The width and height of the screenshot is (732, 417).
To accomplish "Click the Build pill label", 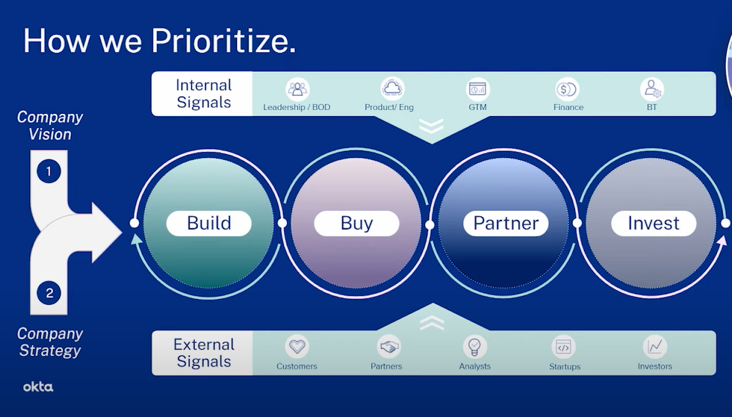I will tap(209, 223).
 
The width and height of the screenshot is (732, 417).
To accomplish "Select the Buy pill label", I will tap(357, 223).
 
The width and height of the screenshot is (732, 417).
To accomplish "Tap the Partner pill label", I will tap(506, 223).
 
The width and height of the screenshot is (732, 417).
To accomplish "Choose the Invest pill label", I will tap(653, 223).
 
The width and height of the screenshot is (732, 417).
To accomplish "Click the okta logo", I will tap(38, 387).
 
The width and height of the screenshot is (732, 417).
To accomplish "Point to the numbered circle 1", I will tap(49, 171).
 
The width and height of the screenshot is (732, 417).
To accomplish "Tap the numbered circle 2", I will tap(49, 293).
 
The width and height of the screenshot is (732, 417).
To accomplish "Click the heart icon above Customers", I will tap(297, 347).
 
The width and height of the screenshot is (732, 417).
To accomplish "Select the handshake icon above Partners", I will tap(389, 347).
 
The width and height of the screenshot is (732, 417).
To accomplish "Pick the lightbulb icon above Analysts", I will tap(475, 347).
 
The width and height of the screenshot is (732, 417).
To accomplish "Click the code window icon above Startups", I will tap(564, 347).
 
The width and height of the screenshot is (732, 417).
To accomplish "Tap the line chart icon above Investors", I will tap(655, 347).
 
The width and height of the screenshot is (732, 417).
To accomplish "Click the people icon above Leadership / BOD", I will tap(297, 89).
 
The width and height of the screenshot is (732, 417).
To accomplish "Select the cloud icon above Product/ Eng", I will tap(392, 89).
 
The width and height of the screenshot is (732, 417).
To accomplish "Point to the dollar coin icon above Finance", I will tap(567, 89).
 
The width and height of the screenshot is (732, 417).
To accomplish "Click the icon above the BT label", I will tap(652, 89).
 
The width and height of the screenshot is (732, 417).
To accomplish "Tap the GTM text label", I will tap(478, 107).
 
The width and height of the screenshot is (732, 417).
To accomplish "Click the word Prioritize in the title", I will tap(223, 41).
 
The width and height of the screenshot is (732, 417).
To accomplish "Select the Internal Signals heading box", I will tap(203, 94).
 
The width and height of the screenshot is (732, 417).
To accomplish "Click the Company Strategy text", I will tap(50, 342).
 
